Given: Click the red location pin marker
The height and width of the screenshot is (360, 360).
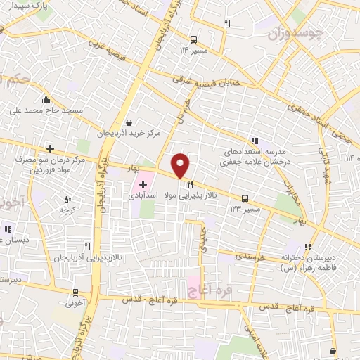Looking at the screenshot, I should click(x=181, y=165).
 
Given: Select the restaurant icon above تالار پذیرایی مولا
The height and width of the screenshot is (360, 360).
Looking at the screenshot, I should click(x=189, y=184).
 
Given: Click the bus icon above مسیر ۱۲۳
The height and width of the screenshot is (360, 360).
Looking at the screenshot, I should click(x=245, y=198).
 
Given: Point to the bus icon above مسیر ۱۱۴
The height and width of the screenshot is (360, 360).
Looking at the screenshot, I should click(x=194, y=39).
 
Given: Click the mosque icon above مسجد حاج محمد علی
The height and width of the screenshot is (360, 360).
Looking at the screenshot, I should click(x=46, y=99).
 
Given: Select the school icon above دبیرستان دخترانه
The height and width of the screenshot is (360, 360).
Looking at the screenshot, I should click(x=308, y=247).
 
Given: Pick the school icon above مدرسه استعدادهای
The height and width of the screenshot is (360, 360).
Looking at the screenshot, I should click(x=254, y=140).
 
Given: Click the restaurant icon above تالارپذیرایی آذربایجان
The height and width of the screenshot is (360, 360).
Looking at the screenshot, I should click(x=88, y=246).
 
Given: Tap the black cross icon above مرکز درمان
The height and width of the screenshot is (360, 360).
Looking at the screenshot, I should click(x=50, y=148).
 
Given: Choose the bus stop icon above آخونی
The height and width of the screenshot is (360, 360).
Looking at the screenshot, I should click(x=75, y=293).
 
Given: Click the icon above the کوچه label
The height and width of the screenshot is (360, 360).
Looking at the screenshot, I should click(x=67, y=200).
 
